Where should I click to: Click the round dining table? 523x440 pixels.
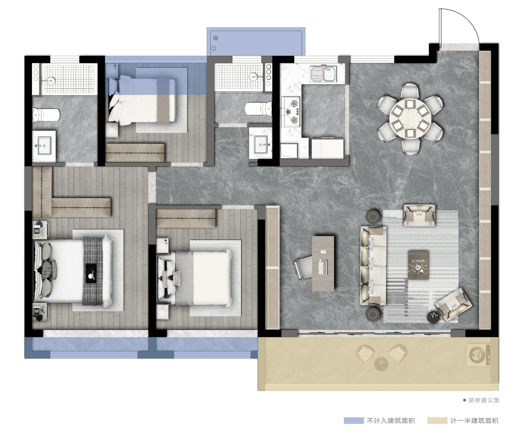point(410,119)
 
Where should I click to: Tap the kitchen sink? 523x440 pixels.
point(323,74)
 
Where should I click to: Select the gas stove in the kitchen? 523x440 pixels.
point(291,112)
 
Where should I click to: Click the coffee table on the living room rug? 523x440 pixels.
point(418,265)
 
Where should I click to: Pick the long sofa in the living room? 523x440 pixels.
point(373,266)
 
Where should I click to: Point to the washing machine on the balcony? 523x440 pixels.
point(477,354)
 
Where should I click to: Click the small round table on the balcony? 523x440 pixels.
point(382,363)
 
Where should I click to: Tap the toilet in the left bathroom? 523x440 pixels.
point(46,114)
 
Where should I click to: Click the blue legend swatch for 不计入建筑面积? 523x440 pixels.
point(354,420)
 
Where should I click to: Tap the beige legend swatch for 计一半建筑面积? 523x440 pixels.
point(437,420)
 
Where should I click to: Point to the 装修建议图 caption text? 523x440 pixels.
point(484,400)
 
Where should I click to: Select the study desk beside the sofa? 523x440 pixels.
point(323,264)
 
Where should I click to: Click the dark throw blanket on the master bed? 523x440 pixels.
point(92,271)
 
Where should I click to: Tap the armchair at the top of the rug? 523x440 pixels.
point(419,216)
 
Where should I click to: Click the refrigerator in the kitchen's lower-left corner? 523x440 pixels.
point(289,151)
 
